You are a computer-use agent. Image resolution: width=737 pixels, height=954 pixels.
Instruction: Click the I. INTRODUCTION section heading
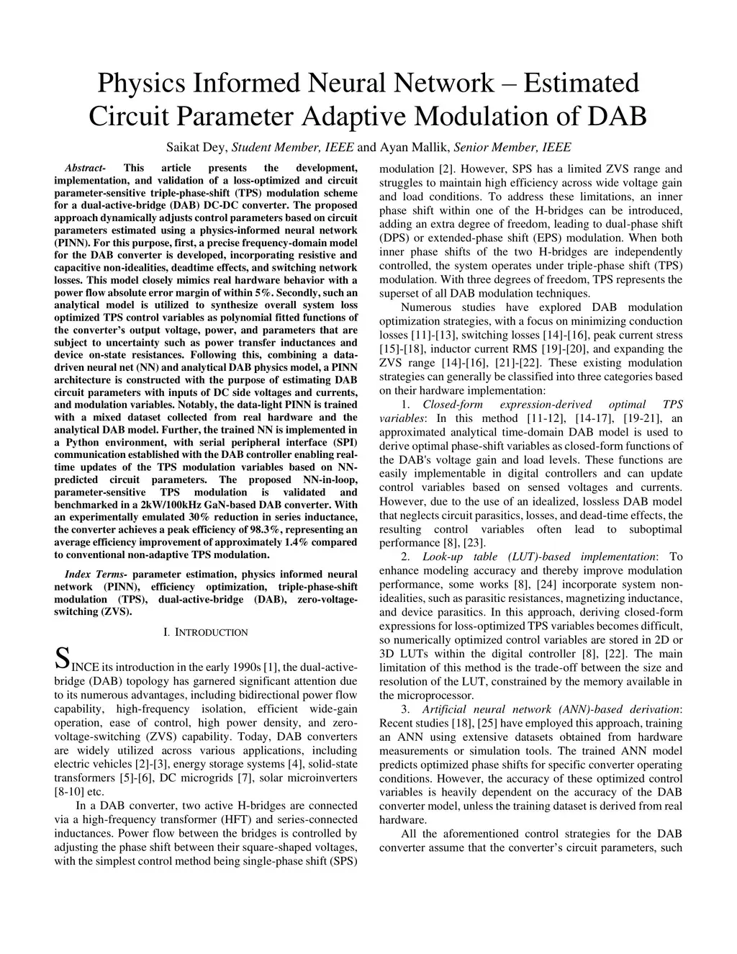206,632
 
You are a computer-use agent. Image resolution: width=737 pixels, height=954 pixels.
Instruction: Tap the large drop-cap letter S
63,658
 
